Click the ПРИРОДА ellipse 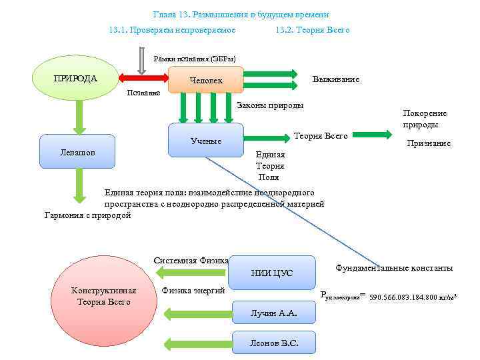tap(75, 79)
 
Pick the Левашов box tap(77, 151)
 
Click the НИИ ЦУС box tap(272, 273)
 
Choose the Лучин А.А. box tap(273, 313)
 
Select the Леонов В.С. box tap(273, 343)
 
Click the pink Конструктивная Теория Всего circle tap(103, 296)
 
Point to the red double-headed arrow tap(143, 79)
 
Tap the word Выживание tap(336, 79)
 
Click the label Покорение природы tap(425, 119)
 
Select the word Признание tap(429, 143)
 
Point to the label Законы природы tap(270, 105)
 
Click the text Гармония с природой tap(87, 215)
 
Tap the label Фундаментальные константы tap(394, 267)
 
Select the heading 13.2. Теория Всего tap(312, 30)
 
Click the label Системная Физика tap(191, 260)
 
